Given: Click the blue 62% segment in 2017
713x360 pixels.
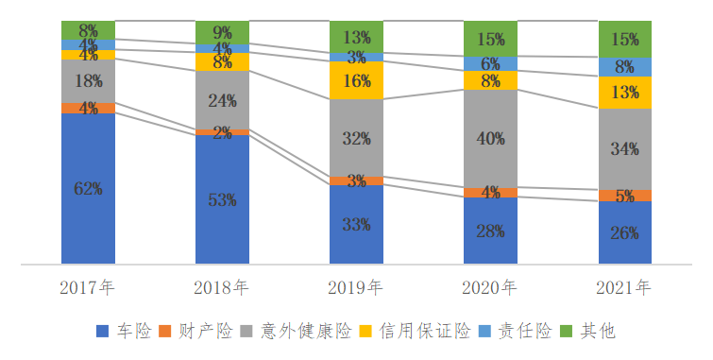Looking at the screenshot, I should tap(88, 188).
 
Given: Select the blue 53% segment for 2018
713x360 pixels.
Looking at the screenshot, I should tap(222, 199).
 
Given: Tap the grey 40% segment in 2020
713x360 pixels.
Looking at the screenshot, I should tap(490, 139).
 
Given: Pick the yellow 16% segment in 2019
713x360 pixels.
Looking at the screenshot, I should tap(356, 80).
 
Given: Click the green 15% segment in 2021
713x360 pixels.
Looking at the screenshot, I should tap(624, 39).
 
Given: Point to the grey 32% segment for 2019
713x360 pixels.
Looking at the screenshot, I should tap(356, 138).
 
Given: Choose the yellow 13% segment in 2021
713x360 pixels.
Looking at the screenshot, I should tap(624, 93).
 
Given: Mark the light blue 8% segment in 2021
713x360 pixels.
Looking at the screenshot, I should tap(624, 67).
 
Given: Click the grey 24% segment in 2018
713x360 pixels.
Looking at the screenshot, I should tap(222, 100).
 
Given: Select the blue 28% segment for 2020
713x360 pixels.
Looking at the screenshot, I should tap(490, 231).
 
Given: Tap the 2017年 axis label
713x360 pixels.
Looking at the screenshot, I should tap(88, 286).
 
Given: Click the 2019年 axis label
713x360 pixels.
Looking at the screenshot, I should tap(356, 286).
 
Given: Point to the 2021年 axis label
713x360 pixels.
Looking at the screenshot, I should tap(624, 286).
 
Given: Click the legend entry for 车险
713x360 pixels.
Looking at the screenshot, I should tap(125, 332).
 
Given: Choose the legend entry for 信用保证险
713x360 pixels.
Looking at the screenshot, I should tap(416, 332).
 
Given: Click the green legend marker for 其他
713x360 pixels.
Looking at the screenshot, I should tap(568, 332).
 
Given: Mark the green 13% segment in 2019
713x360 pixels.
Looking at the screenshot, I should tap(356, 38).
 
